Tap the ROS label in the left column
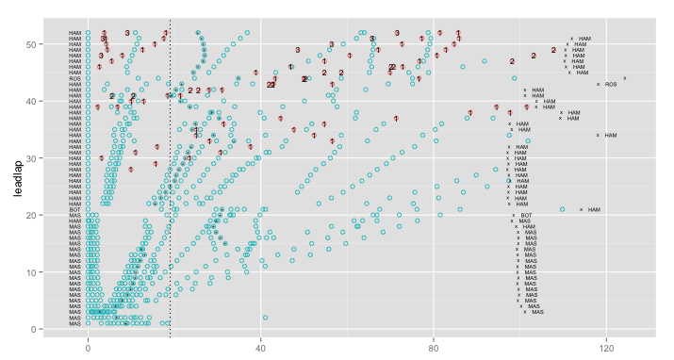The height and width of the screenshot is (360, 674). tap(74, 78)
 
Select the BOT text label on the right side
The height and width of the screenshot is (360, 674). tap(526, 215)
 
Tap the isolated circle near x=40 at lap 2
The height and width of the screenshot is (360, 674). tap(265, 318)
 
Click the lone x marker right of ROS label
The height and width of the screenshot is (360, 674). tap(624, 78)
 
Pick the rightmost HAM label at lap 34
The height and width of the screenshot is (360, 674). tap(610, 135)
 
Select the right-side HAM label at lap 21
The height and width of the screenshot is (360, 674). tap(594, 209)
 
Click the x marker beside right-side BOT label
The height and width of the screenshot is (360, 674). tap(514, 215)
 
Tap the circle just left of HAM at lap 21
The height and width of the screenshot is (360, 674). tap(563, 209)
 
